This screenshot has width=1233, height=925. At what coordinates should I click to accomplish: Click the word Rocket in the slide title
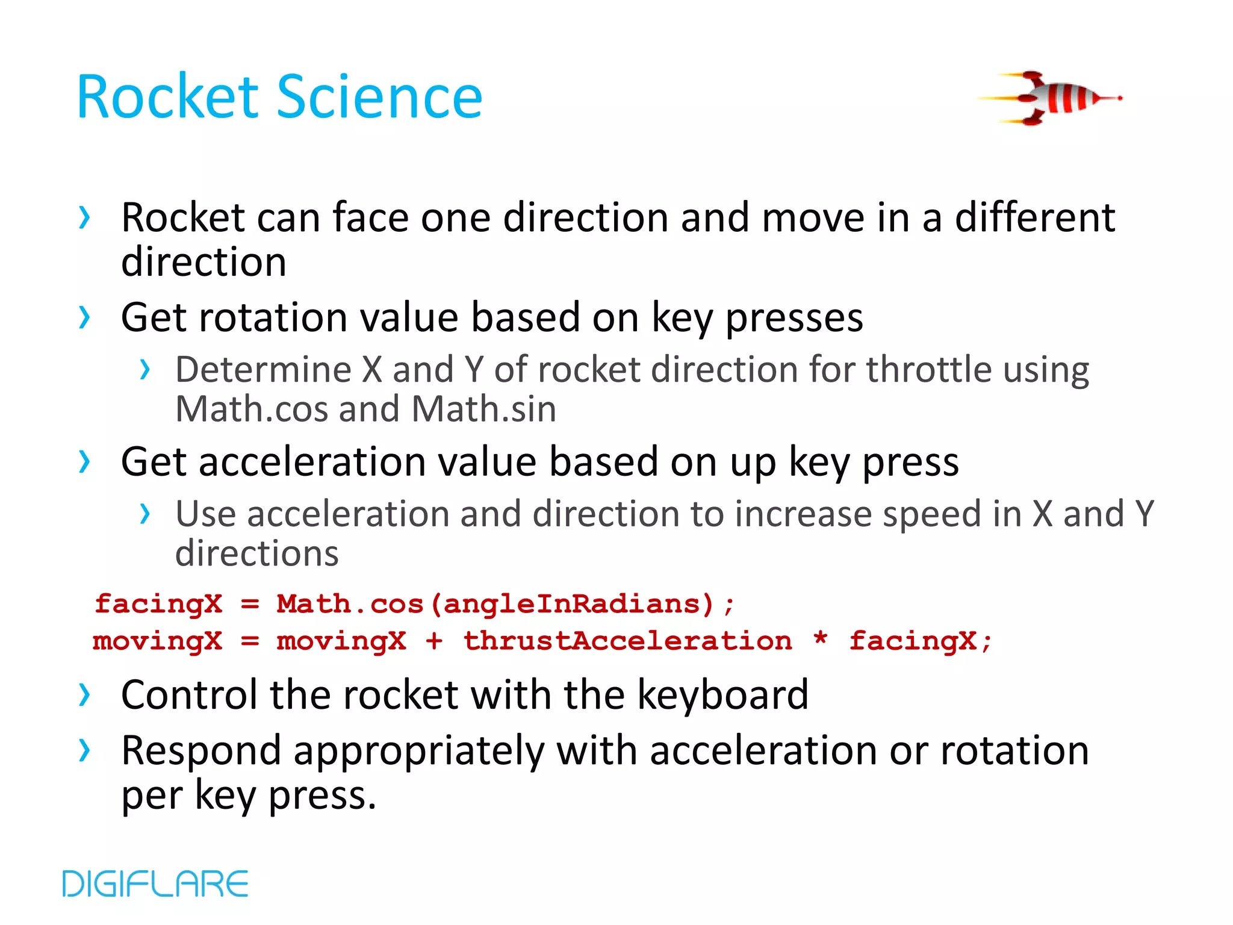[167, 97]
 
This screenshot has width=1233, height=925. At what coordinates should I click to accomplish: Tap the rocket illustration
[1051, 98]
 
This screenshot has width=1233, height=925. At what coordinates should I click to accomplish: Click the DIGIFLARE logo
[155, 883]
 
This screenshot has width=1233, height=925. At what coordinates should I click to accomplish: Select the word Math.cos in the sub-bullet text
[251, 409]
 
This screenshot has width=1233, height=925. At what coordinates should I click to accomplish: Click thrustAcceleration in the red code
[627, 641]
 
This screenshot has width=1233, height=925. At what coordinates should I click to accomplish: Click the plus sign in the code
[434, 641]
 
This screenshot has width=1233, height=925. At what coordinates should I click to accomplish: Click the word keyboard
[722, 694]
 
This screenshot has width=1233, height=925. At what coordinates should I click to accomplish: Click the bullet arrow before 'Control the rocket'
[85, 695]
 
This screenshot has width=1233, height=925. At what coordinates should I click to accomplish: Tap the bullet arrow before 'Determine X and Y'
[144, 369]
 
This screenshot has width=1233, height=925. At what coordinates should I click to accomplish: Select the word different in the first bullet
[1035, 217]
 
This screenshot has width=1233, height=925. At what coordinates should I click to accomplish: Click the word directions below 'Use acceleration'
[257, 553]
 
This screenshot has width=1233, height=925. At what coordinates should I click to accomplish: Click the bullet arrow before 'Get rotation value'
[85, 317]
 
